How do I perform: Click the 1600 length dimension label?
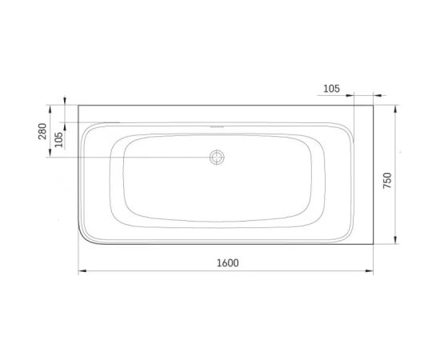(228, 263)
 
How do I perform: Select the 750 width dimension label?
(387, 181)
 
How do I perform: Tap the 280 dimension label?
(42, 131)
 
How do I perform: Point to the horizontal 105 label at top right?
(332, 89)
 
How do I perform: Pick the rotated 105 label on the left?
(58, 139)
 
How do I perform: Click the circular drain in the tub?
(217, 157)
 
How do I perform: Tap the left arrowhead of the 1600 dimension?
(82, 270)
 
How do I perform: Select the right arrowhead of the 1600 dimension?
(370, 270)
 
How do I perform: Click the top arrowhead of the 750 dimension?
(395, 109)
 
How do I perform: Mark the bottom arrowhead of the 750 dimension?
(395, 240)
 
